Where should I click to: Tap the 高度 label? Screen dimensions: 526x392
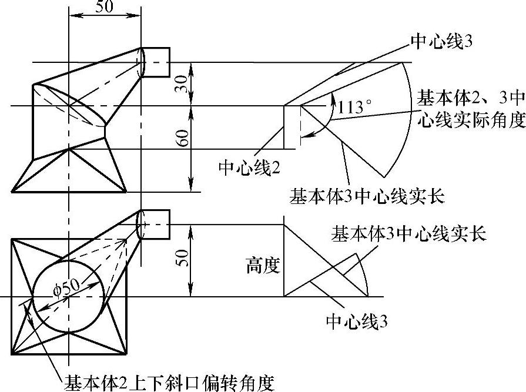(x=263, y=267)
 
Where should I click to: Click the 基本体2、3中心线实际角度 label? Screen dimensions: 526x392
(x=470, y=108)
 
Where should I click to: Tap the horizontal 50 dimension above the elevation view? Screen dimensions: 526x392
(x=103, y=6)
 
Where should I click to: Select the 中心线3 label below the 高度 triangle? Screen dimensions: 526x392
(x=357, y=321)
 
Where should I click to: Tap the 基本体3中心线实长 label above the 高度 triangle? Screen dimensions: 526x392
(x=409, y=233)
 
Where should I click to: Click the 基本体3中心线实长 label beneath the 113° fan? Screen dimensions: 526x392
(x=367, y=195)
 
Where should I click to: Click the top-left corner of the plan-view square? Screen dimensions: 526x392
(x=12, y=239)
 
